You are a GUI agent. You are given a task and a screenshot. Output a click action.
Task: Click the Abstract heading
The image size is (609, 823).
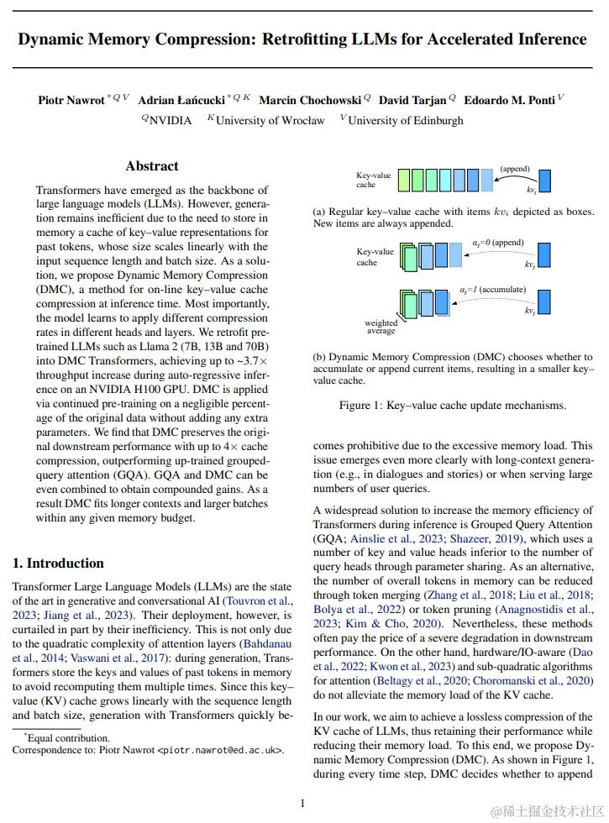click(x=152, y=166)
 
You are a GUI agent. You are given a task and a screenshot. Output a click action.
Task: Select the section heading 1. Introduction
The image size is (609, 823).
click(x=60, y=563)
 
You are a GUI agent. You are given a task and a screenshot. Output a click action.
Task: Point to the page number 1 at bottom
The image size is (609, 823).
click(x=302, y=803)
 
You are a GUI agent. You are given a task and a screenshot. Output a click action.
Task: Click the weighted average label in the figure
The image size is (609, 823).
click(x=381, y=327)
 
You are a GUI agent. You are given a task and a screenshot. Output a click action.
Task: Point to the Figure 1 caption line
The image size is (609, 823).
click(x=452, y=405)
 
